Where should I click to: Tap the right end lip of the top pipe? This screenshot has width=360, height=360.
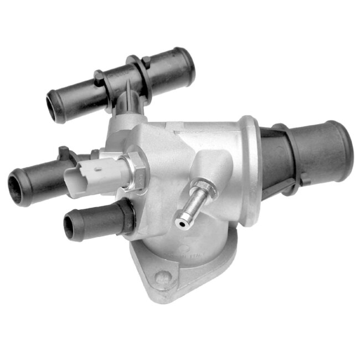click(186, 64)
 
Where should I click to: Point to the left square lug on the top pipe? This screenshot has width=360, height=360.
click(99, 76)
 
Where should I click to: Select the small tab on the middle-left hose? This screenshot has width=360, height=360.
click(64, 151)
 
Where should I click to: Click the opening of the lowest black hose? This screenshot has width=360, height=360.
click(71, 225)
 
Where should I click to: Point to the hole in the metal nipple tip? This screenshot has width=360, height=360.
click(181, 222)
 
